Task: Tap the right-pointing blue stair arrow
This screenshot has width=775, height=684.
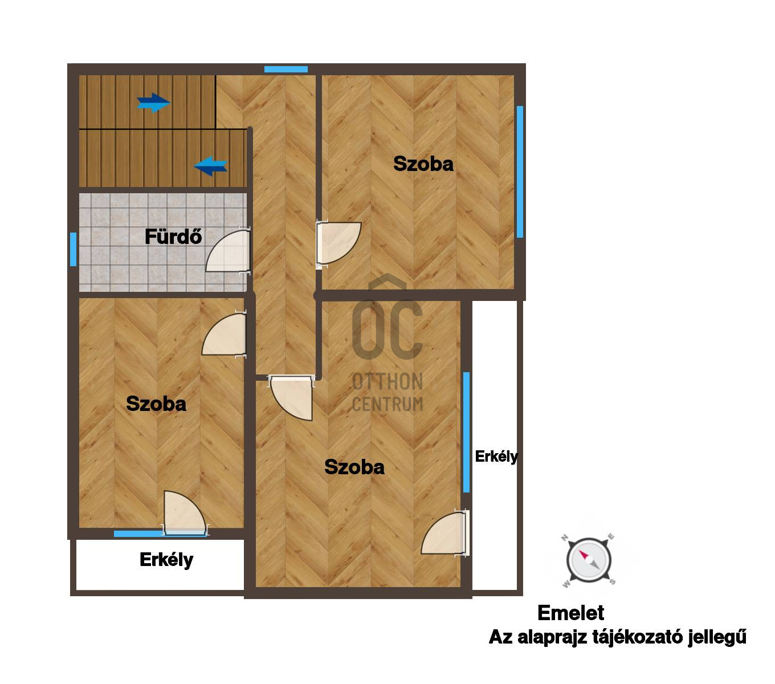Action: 153,102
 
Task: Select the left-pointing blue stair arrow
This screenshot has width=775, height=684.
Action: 211,166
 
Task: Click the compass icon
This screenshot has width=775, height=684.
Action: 588,560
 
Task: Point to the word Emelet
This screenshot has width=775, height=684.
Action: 570,613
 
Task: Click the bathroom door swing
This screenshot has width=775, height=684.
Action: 228,251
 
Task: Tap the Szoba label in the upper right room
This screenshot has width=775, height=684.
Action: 423,164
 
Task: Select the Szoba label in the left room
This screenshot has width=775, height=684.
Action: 156,404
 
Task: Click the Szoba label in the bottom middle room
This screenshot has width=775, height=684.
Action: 354,467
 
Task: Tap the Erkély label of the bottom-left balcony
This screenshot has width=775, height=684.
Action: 166,560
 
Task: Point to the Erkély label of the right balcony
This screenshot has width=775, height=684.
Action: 496,457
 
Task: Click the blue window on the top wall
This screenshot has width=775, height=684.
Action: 285,70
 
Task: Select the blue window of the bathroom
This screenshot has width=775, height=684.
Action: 73,249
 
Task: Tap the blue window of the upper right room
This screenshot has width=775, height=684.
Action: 520,172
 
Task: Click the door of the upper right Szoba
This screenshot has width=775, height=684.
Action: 338,243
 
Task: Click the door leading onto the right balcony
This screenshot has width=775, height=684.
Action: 445,532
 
